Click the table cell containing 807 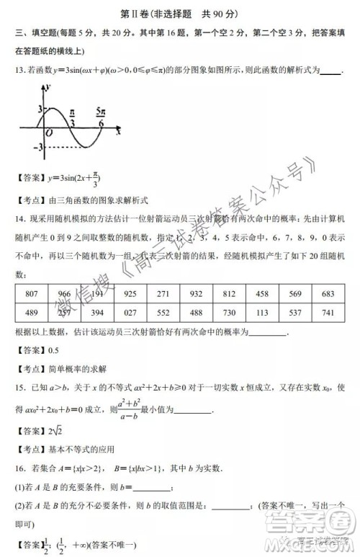[31, 294]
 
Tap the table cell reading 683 [328, 294]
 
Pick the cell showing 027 [130, 311]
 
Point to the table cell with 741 [328, 311]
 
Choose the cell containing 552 [163, 311]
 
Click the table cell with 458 [262, 294]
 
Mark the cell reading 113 [262, 311]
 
